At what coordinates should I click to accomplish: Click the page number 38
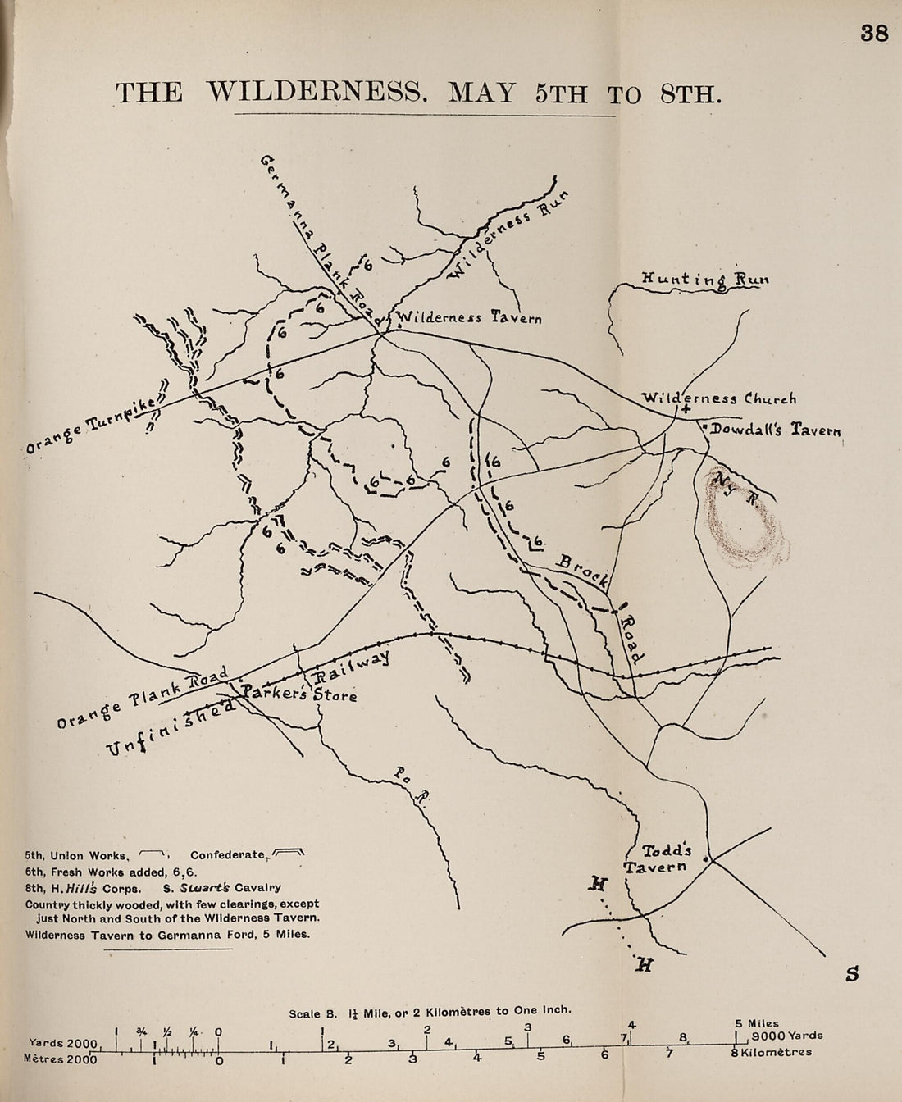874,34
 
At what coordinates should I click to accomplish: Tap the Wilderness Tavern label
468,317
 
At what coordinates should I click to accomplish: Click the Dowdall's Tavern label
775,429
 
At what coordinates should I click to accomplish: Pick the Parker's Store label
298,694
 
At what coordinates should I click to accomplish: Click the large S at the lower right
852,974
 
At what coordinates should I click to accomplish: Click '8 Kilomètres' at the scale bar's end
772,1052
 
